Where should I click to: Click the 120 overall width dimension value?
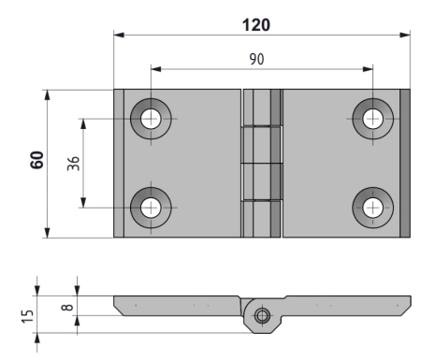tap(256, 25)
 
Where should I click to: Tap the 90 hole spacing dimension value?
tap(256, 59)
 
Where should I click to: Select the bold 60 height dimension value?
tap(37, 160)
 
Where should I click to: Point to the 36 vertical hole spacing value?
tap(73, 164)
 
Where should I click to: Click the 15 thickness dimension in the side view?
tap(27, 316)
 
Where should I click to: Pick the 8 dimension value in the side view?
tap(67, 308)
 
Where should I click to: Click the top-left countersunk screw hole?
tap(151, 119)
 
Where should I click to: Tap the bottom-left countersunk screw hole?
tap(151, 208)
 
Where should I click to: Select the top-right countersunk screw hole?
tap(373, 119)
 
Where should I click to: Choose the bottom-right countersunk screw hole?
tap(373, 208)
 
